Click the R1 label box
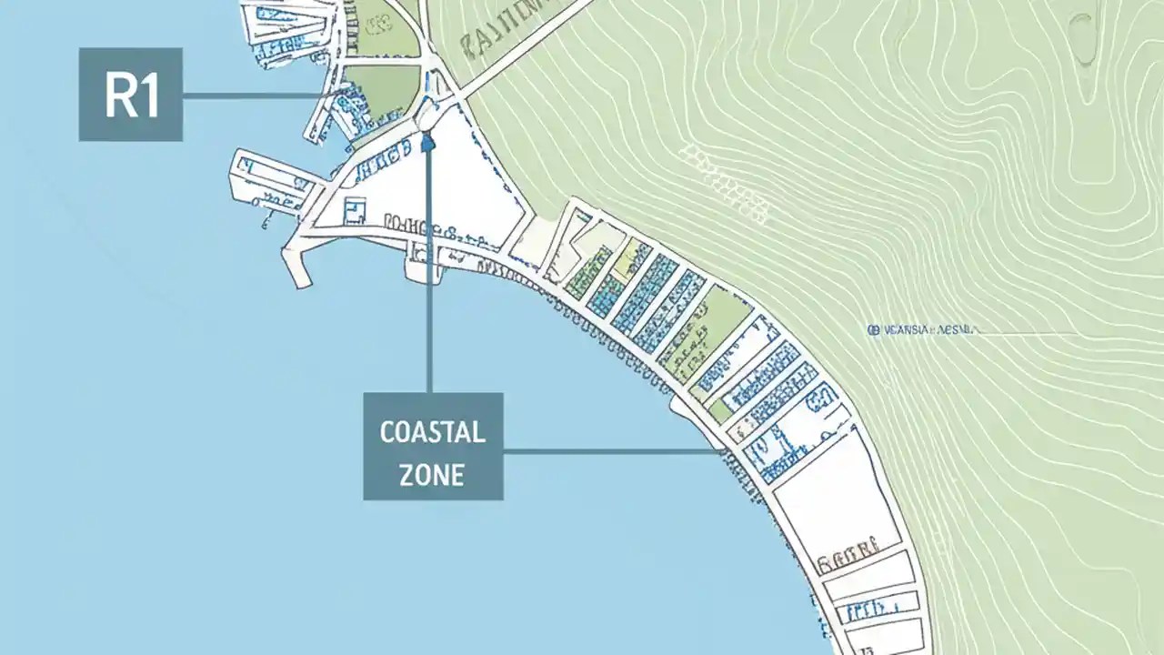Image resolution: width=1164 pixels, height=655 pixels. point(131,94)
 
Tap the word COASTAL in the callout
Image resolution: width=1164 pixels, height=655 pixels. point(432,432)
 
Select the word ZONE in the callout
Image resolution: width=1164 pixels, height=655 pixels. point(432,474)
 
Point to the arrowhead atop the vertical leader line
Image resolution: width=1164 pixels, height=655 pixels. point(427,141)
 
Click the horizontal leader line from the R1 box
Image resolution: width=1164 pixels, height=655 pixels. point(255,94)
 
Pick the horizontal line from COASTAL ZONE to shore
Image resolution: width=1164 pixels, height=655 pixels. point(609,450)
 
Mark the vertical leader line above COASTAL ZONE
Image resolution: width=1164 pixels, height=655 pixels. point(429,273)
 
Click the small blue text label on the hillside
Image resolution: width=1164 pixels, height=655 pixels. point(923,332)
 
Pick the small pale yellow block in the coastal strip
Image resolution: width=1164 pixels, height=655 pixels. point(625,259)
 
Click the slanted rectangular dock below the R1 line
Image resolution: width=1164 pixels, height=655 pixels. point(270,182)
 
